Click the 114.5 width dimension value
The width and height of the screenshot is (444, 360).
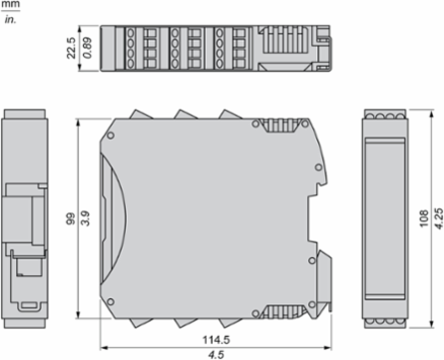tap(217, 340)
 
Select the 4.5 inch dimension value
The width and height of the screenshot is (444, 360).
tap(217, 355)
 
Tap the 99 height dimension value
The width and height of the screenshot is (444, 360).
tap(71, 219)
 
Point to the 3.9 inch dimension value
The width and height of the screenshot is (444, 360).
tap(86, 218)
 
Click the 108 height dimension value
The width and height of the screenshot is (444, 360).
tap(424, 218)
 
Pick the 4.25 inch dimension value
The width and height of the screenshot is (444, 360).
tap(439, 218)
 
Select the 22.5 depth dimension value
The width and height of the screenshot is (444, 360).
tap(71, 48)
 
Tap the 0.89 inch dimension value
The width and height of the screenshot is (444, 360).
tap(88, 48)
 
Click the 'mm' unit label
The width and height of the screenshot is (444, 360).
tap(10, 5)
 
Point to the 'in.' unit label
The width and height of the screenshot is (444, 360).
tap(10, 20)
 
